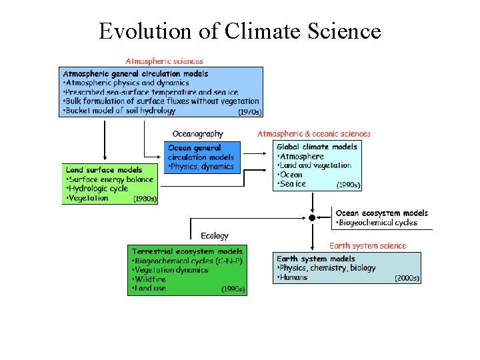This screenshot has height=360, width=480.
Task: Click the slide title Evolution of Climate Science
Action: [x=240, y=31]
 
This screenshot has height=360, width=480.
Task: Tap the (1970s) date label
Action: [x=249, y=111]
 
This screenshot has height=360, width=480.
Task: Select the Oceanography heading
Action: [x=197, y=134]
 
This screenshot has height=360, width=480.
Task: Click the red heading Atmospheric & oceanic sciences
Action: [x=314, y=134]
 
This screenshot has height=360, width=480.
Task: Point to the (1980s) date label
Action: [x=145, y=199]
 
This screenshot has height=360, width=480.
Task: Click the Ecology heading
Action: [x=214, y=235]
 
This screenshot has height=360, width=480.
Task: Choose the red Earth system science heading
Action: [x=367, y=245]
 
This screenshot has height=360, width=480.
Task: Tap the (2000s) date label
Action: [x=407, y=278]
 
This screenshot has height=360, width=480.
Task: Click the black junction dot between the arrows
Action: [x=311, y=218]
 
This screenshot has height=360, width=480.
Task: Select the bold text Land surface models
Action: [x=104, y=170]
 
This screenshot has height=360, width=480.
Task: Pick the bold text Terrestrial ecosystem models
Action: [x=187, y=251]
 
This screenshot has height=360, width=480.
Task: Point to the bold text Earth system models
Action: [x=315, y=259]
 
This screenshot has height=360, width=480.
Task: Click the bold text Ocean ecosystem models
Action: [x=381, y=213]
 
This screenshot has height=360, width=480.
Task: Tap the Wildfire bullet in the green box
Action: [x=151, y=279]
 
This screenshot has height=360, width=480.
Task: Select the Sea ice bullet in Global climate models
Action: [x=293, y=184]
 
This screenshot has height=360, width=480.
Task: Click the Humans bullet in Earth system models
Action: [x=293, y=277]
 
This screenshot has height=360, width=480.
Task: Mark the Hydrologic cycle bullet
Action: [x=98, y=189]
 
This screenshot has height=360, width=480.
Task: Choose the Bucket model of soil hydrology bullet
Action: [x=120, y=111]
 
